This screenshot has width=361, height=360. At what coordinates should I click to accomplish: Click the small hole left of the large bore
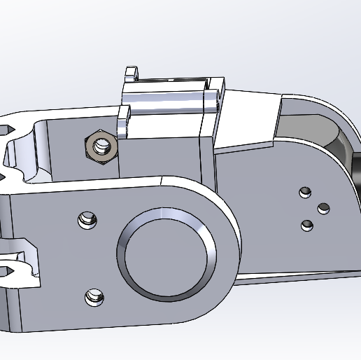pyautogui.click(x=87, y=220)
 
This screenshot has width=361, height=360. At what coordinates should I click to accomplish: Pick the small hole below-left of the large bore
pyautogui.click(x=92, y=297)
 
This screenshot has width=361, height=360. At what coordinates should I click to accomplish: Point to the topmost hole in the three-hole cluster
pyautogui.click(x=304, y=191)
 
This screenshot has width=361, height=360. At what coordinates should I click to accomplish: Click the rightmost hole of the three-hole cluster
pyautogui.click(x=323, y=208)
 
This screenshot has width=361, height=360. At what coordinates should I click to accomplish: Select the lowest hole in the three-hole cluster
pyautogui.click(x=306, y=225)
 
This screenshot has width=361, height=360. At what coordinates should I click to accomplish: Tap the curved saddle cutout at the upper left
pyautogui.click(x=24, y=151)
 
